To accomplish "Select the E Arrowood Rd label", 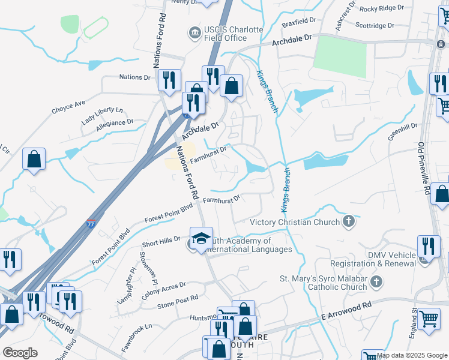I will [x=346, y=311].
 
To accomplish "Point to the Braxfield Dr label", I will [x=299, y=20].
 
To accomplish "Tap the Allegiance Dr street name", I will [x=113, y=123].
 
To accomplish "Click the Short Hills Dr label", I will [x=161, y=241].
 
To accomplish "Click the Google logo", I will [x=20, y=353].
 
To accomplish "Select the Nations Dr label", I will [x=134, y=77].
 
